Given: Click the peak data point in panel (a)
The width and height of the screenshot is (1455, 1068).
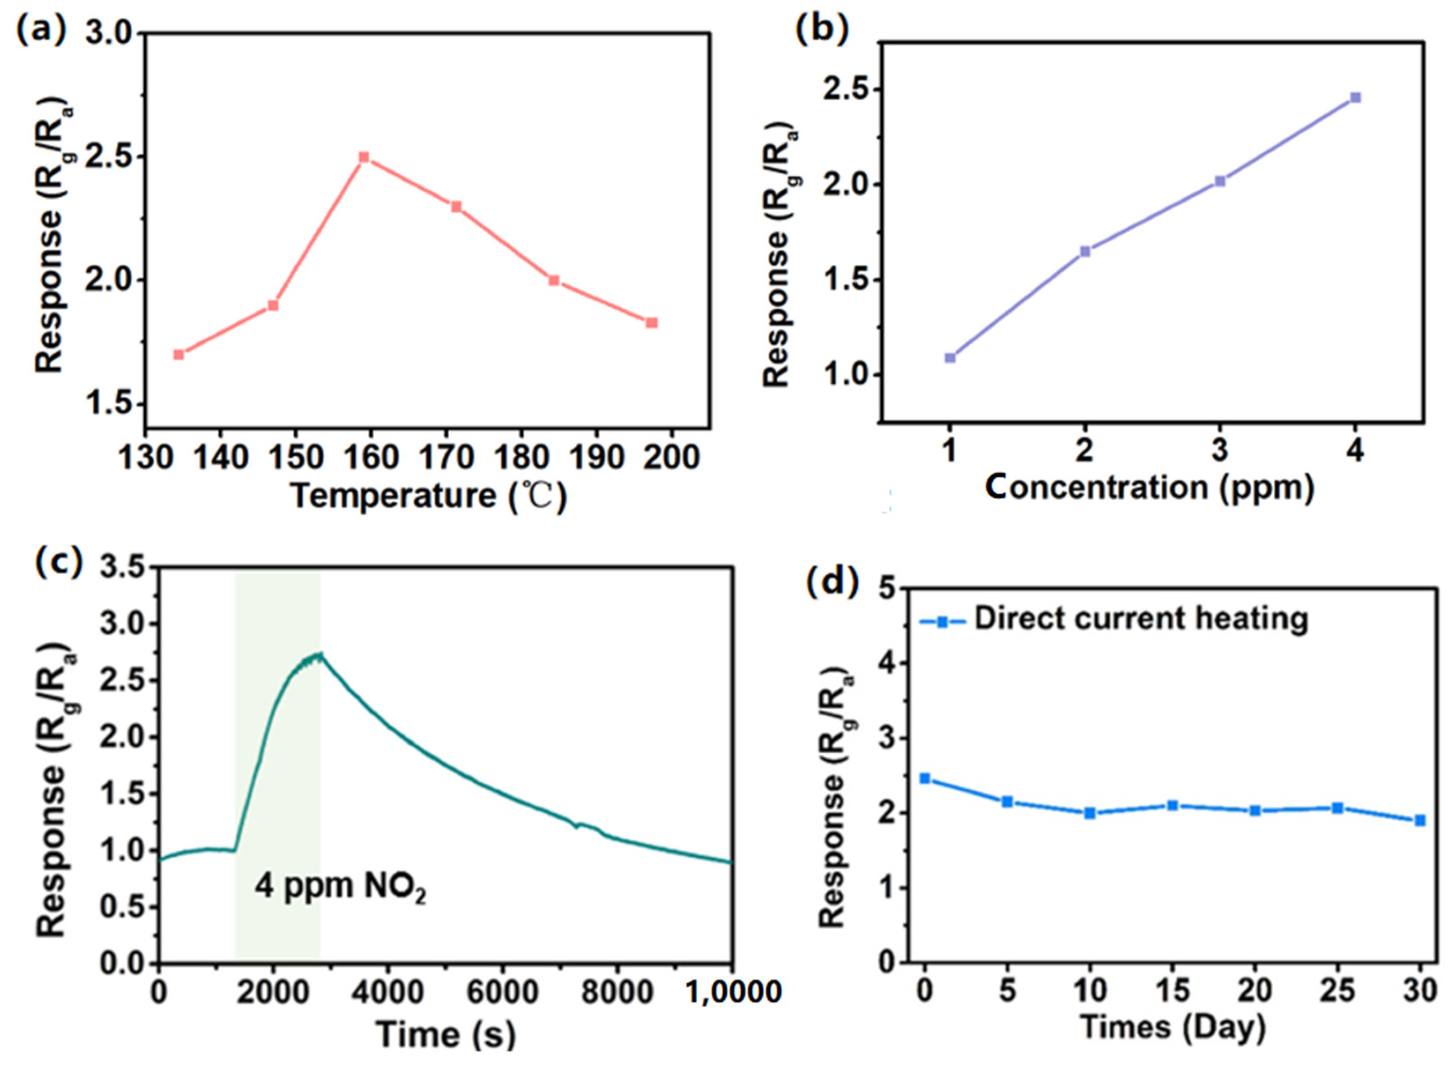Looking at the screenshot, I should point(364,157).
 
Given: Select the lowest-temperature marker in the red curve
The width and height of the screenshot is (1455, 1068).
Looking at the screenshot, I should point(179,354).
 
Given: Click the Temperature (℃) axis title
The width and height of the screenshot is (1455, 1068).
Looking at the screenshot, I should point(429,497).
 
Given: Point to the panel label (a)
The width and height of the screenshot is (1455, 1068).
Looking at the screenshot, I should point(41,30).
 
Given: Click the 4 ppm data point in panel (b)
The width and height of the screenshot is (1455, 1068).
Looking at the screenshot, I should point(1355,98).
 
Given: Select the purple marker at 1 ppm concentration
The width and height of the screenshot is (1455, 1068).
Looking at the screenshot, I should point(950,357).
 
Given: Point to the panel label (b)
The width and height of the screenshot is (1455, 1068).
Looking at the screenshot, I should point(821,30).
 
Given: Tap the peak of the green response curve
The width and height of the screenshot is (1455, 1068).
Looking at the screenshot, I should point(318,654).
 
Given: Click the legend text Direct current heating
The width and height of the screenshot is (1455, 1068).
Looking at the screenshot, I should point(1141,618).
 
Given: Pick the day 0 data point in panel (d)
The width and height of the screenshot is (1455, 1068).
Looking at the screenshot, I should point(925,778).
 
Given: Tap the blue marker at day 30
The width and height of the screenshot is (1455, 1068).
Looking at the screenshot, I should point(1419,820).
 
